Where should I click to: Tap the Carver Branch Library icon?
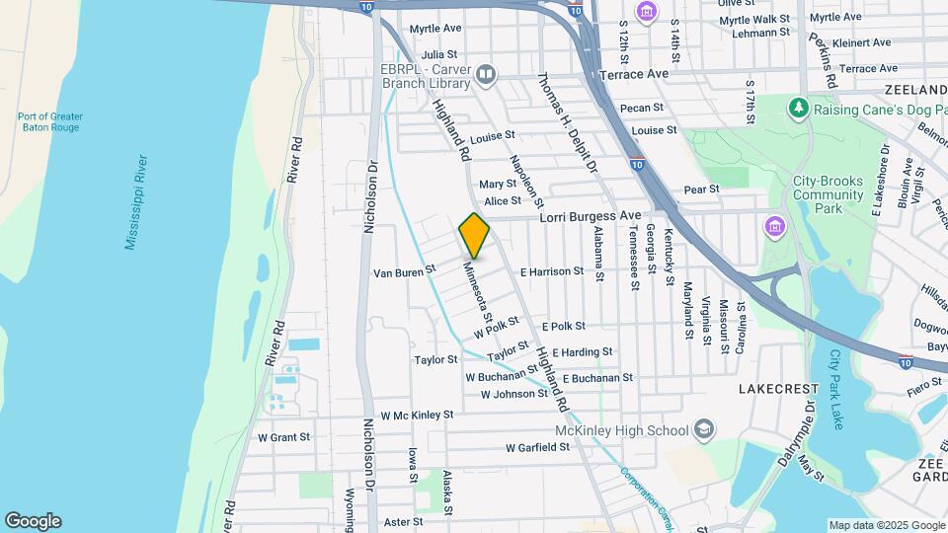pyautogui.click(x=486, y=74)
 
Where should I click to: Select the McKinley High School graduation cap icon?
pyautogui.click(x=703, y=429)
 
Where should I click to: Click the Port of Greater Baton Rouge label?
pyautogui.click(x=49, y=122)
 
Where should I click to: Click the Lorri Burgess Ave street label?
pyautogui.click(x=590, y=215)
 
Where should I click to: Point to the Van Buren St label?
pyautogui.click(x=403, y=270)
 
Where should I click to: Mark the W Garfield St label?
pyautogui.click(x=537, y=447)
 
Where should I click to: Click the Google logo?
pyautogui.click(x=33, y=521)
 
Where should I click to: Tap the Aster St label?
pyautogui.click(x=403, y=521)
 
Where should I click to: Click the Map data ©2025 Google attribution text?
pyautogui.click(x=885, y=525)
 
